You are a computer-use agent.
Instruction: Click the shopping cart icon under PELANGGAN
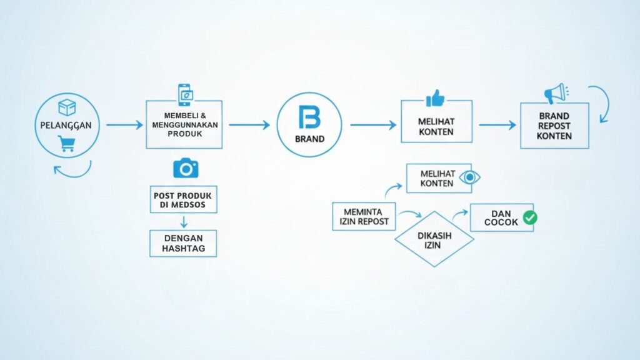[66, 143]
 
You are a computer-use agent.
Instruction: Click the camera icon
[185, 167]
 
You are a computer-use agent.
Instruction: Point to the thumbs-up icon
[436, 98]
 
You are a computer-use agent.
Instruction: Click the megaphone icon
[554, 94]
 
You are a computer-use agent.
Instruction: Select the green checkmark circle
[530, 217]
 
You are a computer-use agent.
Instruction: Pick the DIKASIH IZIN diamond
[434, 239]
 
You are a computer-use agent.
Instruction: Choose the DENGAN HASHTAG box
[183, 243]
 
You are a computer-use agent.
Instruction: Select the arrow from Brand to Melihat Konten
[373, 125]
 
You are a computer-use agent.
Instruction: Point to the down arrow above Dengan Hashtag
[184, 221]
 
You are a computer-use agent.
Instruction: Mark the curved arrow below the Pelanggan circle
[72, 169]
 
